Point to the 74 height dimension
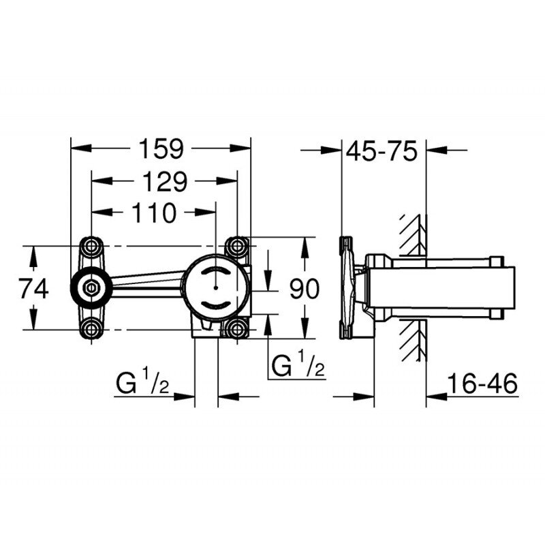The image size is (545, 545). (33, 289)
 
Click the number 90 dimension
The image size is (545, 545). (304, 290)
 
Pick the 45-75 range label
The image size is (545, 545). (381, 151)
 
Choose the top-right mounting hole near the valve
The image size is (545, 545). (237, 245)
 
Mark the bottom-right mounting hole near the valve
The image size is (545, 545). (237, 330)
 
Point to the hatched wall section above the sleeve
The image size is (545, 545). (413, 235)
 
